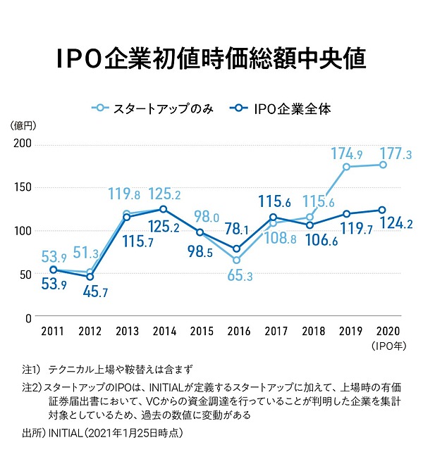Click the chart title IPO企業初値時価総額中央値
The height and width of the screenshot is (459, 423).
tap(211, 59)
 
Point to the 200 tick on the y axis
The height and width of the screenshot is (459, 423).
tap(23, 144)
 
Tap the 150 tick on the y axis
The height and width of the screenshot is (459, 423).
tap(23, 188)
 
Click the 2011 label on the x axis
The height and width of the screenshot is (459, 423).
tap(53, 331)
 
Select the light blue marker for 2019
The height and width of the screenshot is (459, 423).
tap(346, 167)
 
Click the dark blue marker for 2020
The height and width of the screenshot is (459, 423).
tap(382, 209)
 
